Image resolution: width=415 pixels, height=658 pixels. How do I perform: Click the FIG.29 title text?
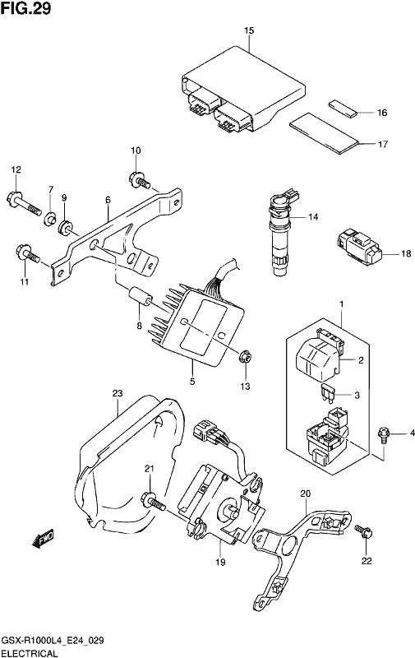click(25, 8)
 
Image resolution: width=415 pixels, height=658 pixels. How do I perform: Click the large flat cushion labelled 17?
click(325, 133)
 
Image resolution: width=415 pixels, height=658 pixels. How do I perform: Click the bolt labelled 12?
click(25, 202)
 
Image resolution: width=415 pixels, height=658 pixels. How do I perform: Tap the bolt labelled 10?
click(140, 181)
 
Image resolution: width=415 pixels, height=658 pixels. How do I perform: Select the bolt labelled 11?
click(28, 254)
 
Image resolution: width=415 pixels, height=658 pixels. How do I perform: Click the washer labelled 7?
click(50, 219)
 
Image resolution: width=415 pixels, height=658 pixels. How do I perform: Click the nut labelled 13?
click(244, 358)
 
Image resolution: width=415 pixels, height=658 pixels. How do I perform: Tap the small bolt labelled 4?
click(384, 433)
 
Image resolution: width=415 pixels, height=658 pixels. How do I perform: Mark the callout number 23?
click(118, 393)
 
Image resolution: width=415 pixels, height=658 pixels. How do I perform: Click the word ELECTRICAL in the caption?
click(29, 653)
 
